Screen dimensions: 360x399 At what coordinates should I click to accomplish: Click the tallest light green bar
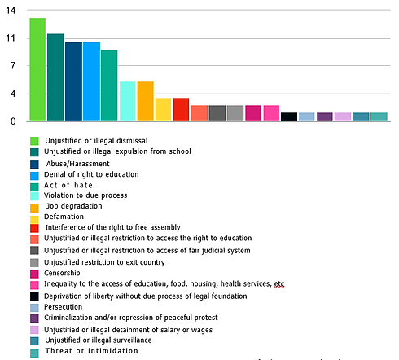coord(37,69)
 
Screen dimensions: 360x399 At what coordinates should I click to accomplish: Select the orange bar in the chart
coord(145,101)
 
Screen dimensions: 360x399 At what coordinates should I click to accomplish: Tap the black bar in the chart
coord(288,116)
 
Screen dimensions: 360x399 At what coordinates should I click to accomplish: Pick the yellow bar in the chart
coord(163,109)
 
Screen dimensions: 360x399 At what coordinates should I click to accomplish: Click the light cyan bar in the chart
coord(127,101)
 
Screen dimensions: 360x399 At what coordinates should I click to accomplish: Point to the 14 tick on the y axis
coord(11,11)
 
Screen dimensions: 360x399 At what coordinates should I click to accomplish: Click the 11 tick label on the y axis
coord(11,38)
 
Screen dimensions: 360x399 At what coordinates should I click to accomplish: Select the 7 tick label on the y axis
coord(11,66)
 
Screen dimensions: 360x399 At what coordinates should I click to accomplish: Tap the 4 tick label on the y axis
coord(11,94)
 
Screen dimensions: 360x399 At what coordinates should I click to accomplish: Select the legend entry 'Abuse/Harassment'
coord(78,163)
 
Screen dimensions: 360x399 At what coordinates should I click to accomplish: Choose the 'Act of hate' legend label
coord(68,185)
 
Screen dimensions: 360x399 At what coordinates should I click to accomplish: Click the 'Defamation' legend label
coord(64,217)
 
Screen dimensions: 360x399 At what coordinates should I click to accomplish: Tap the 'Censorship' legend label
coord(64,273)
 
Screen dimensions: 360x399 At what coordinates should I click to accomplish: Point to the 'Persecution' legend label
coord(66,307)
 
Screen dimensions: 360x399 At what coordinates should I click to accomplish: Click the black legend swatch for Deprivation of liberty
coord(34,296)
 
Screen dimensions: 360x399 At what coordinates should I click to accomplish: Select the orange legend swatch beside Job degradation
coord(34,206)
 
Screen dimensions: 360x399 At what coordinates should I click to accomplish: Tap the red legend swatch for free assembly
coord(34,228)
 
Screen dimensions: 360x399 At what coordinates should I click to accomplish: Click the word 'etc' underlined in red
coord(279,284)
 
